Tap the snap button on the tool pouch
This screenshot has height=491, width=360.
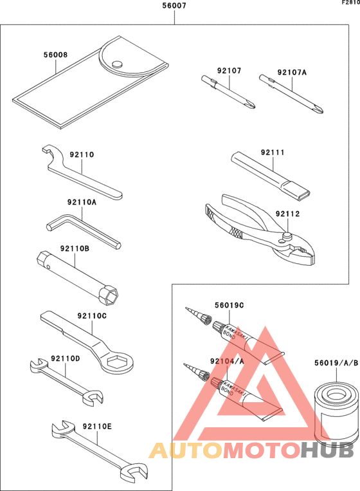coord(116,63)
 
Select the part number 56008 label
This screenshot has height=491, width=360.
coord(55,56)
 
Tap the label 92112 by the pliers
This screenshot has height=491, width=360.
coord(289,213)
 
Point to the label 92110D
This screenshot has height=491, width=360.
coord(66,358)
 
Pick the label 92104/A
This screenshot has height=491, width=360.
coord(227,362)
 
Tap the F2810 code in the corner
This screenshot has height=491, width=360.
coord(350,3)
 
